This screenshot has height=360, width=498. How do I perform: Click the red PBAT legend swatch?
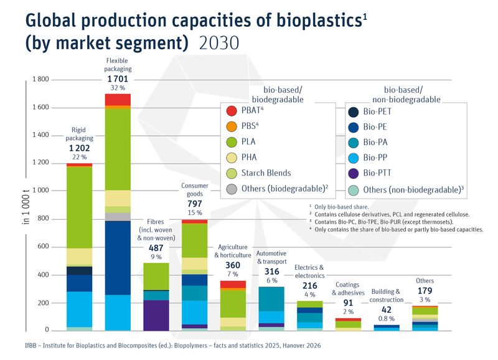click(232, 111)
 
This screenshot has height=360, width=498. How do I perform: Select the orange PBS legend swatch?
click(232, 126)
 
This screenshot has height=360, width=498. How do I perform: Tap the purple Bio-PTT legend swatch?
click(354, 173)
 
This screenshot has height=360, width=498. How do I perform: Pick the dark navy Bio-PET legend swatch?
click(354, 111)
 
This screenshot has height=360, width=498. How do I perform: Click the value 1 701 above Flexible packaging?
click(117, 79)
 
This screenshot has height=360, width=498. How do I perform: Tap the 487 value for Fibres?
click(157, 247)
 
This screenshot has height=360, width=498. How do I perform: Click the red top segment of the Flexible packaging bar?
click(117, 99)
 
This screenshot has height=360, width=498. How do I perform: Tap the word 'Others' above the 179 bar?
click(425, 281)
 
